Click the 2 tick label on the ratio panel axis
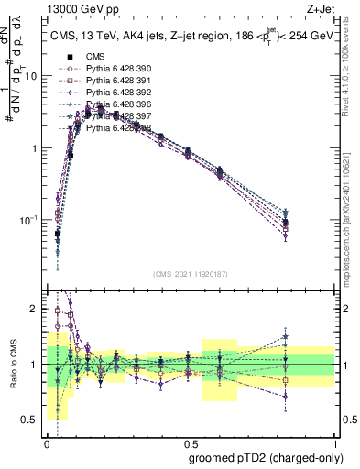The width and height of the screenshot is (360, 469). tap(36, 310)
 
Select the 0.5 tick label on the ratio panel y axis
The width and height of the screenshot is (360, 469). tap(32, 420)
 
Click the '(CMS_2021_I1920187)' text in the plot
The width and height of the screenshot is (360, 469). tap(190, 272)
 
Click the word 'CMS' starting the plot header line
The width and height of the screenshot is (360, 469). tap(62, 37)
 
